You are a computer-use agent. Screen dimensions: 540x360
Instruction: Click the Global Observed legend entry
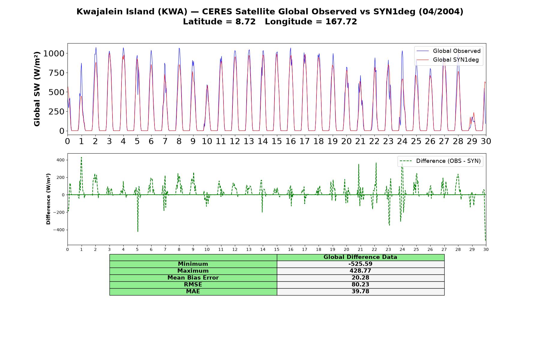pos(448,51)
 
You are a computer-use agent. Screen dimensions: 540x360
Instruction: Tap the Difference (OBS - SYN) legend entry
pos(440,161)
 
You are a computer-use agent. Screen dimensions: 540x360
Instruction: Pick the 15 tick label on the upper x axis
pos(277,141)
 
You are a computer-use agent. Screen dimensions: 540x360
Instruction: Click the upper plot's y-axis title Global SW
pos(37,89)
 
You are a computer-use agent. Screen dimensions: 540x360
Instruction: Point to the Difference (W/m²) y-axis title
pos(48,199)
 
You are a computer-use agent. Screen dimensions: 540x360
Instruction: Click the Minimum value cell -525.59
pos(360,264)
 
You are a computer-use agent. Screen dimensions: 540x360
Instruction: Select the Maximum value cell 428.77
pos(360,271)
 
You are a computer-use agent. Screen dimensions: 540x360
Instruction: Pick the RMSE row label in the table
pos(193,285)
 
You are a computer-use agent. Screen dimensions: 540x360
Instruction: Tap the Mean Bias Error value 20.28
pos(360,278)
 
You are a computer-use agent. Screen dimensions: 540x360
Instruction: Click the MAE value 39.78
pos(360,292)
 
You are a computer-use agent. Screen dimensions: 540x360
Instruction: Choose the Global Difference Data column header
pos(360,257)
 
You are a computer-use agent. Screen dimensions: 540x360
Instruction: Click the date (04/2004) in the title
pos(441,12)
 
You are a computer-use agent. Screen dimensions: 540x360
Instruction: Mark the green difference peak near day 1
pos(81,157)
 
